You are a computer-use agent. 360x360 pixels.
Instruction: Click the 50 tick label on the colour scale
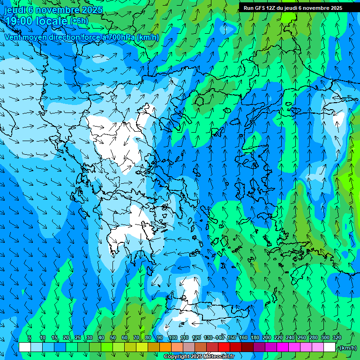[x=113, y=337]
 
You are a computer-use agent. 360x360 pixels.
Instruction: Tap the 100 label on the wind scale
[x=172, y=337]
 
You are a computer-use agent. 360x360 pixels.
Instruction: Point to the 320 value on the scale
[x=337, y=337]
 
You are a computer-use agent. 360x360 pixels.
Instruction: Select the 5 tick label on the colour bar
[x=30, y=337]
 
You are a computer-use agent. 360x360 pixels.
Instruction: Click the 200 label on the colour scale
[x=267, y=337]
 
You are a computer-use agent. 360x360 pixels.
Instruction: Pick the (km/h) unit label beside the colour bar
[x=347, y=348]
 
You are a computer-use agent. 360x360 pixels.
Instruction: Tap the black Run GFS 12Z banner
[x=293, y=8]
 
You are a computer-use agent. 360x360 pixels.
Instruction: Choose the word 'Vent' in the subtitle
[x=14, y=37]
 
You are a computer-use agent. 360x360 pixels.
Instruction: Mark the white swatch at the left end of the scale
[x=25, y=347]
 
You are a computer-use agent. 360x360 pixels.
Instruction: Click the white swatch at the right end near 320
[x=330, y=347]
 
